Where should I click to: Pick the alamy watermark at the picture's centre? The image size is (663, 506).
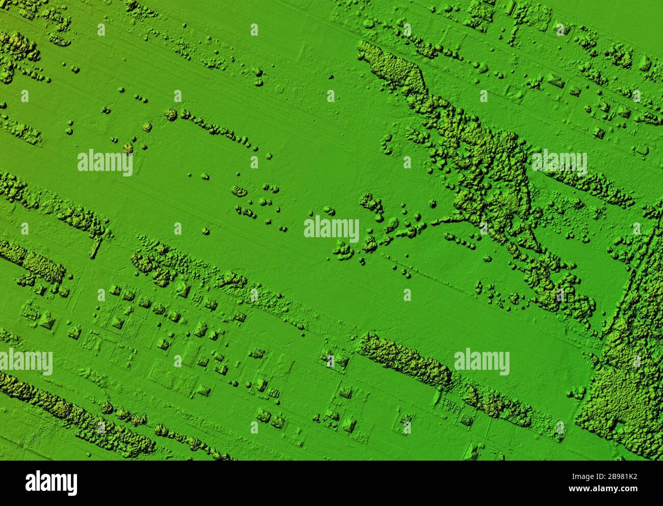tap(331, 229)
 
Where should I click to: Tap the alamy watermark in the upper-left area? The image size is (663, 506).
tap(105, 164)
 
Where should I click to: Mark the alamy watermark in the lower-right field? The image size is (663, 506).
tap(481, 362)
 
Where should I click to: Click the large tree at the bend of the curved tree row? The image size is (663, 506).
tap(170, 114)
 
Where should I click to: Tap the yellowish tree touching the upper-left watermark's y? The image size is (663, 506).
tap(128, 147)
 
